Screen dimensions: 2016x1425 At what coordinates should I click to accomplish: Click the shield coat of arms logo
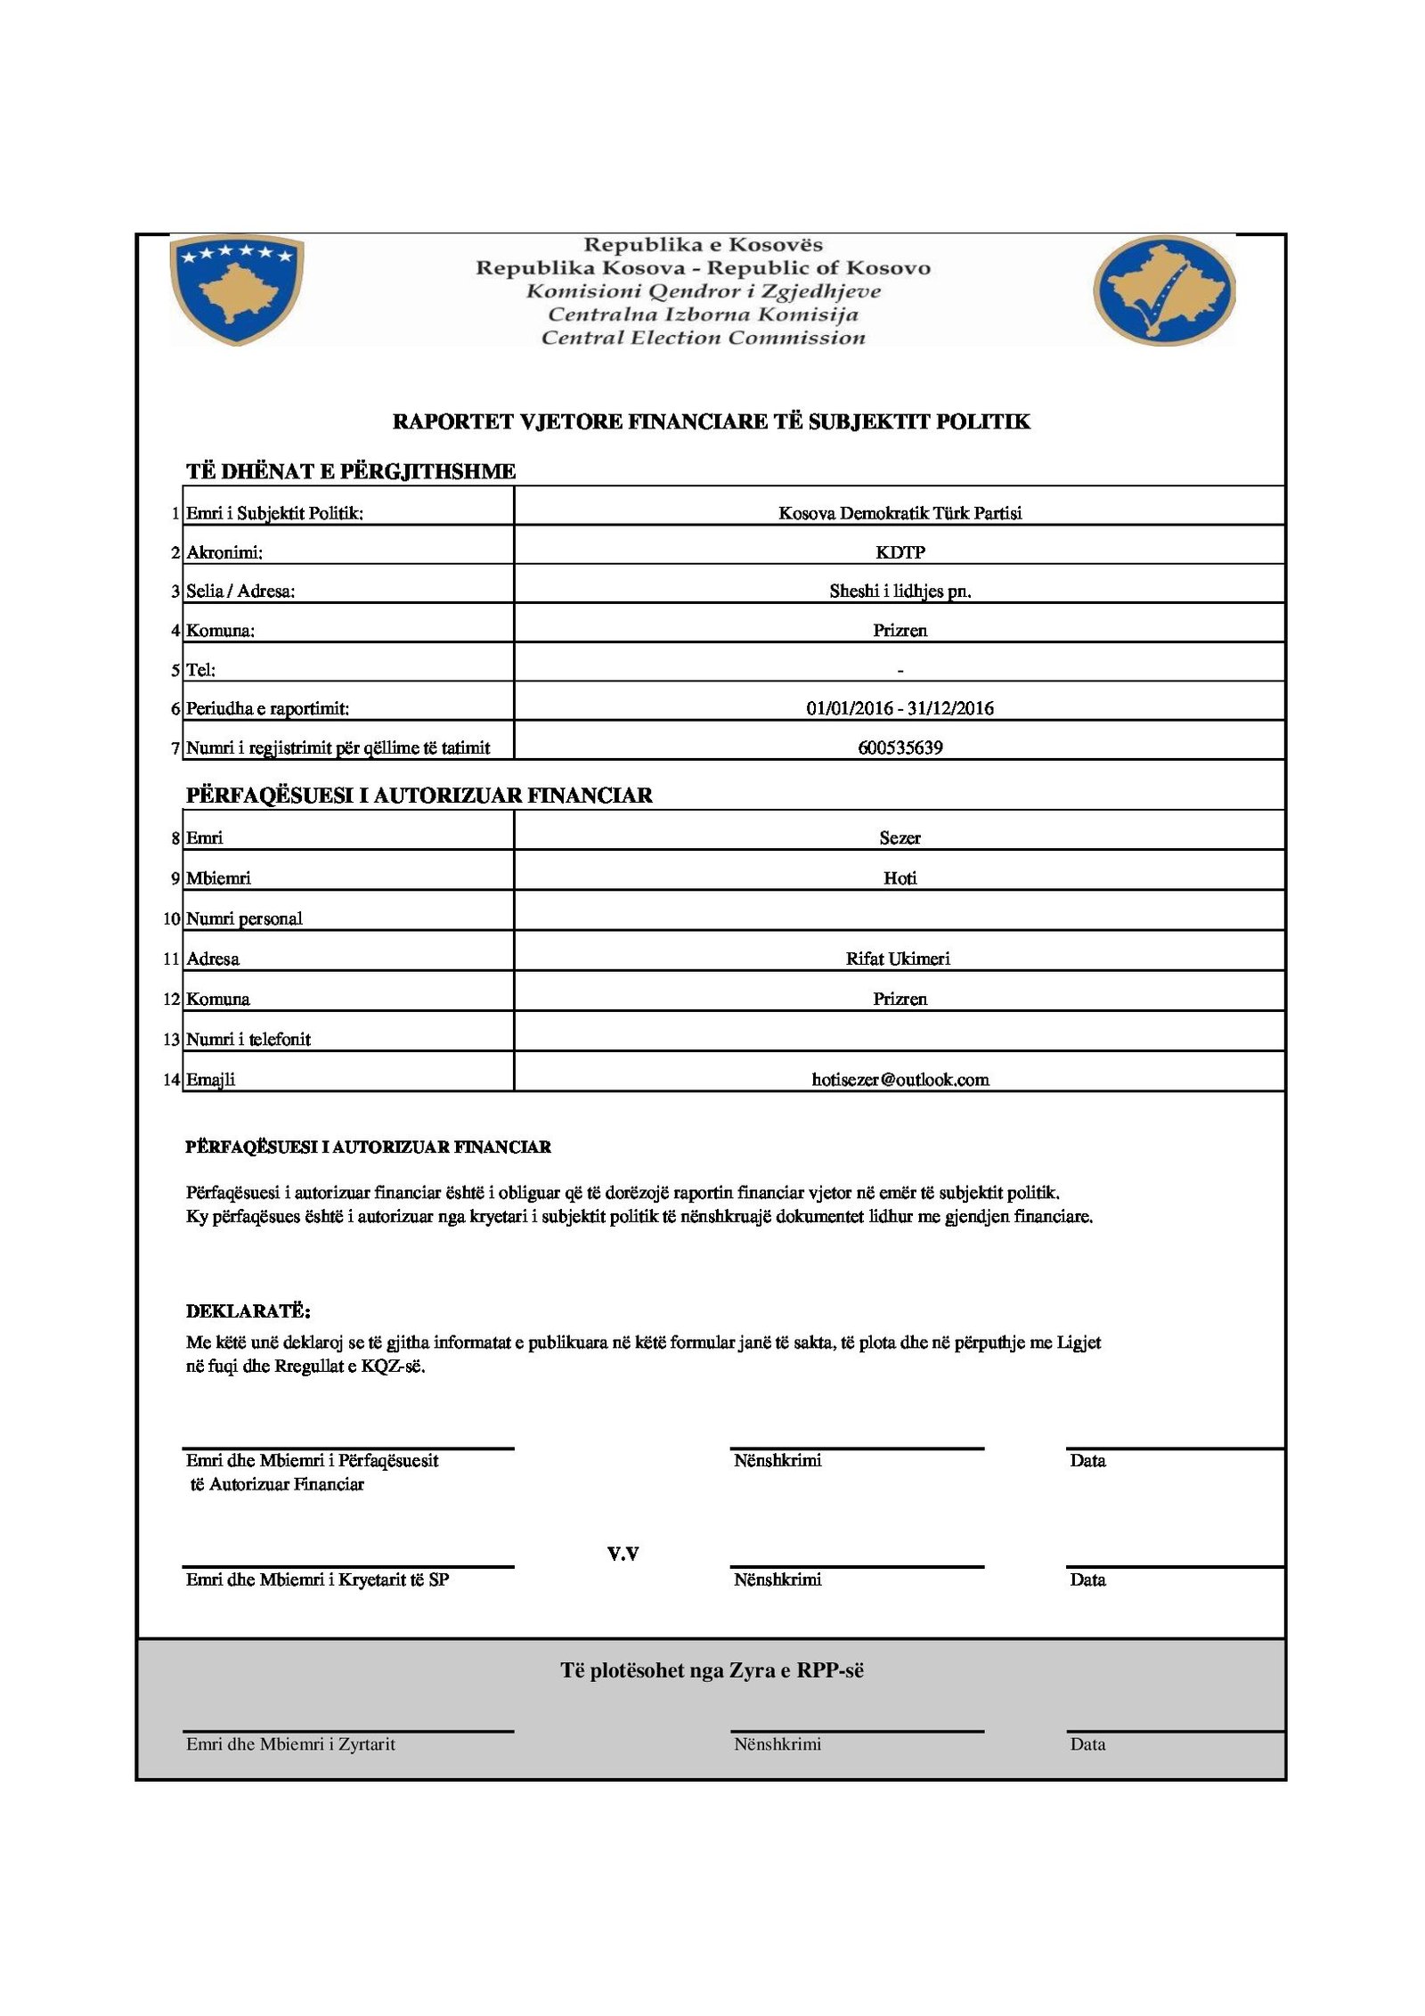(236, 289)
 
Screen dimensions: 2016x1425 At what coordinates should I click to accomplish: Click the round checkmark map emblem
(1163, 290)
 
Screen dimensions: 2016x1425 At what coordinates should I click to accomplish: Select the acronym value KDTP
(900, 552)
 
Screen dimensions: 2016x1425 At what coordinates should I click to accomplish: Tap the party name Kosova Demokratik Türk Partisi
(900, 513)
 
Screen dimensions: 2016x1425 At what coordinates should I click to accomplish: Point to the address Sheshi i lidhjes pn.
(900, 591)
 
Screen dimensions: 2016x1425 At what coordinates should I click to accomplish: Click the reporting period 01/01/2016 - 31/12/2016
(900, 708)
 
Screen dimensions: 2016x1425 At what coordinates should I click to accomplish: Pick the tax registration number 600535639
(900, 747)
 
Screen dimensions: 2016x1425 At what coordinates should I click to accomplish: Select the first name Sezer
(900, 837)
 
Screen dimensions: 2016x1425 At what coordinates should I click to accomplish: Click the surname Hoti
(900, 877)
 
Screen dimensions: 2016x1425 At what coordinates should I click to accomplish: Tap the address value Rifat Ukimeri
(898, 959)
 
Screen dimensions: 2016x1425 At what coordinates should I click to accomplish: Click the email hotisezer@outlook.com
(900, 1080)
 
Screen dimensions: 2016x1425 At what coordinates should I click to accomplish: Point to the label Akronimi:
(224, 552)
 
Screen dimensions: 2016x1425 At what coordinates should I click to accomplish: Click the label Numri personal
(244, 918)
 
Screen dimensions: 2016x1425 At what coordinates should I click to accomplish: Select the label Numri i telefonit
(248, 1039)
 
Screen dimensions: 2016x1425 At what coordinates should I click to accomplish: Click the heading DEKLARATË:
(248, 1311)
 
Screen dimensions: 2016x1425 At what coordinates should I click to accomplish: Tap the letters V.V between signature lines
(623, 1555)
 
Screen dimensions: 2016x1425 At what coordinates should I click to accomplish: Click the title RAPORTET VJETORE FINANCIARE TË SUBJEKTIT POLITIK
(711, 421)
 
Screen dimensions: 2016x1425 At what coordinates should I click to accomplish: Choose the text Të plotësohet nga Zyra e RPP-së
(712, 1670)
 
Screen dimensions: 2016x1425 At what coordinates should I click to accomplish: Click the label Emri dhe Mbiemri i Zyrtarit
(290, 1743)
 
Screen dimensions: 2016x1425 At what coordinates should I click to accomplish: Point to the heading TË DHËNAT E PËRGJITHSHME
(351, 471)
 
